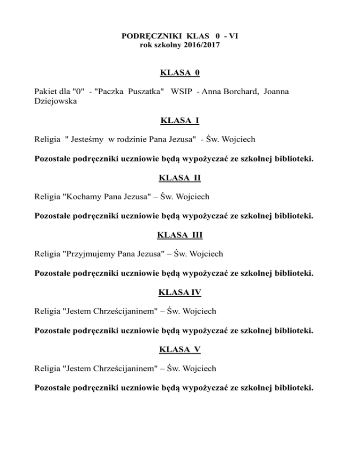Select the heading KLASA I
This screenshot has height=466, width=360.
(x=180, y=120)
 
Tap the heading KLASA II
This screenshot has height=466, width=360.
(x=180, y=178)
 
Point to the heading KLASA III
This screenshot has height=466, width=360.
(x=180, y=235)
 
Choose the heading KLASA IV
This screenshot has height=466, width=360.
(x=180, y=293)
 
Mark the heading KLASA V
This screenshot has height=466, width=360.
(x=180, y=350)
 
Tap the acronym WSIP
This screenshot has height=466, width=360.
(x=183, y=91)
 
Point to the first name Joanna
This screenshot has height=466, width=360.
(x=276, y=91)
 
